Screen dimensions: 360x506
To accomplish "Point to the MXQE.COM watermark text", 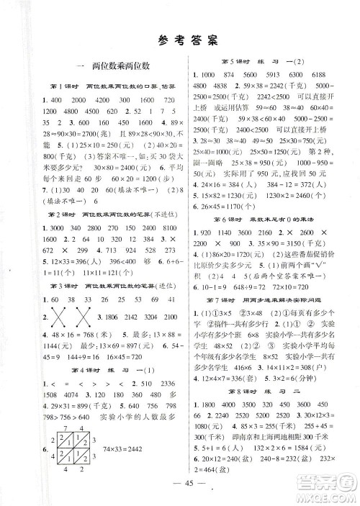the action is click(x=328, y=496).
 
